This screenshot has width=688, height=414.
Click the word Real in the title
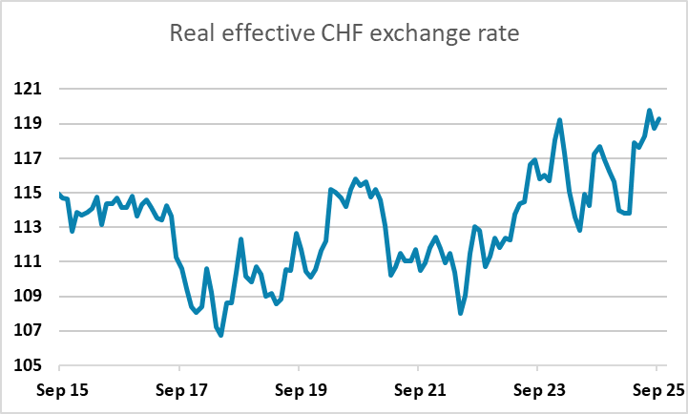pyautogui.click(x=193, y=35)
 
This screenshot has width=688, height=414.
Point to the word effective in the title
pyautogui.click(x=260, y=35)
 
